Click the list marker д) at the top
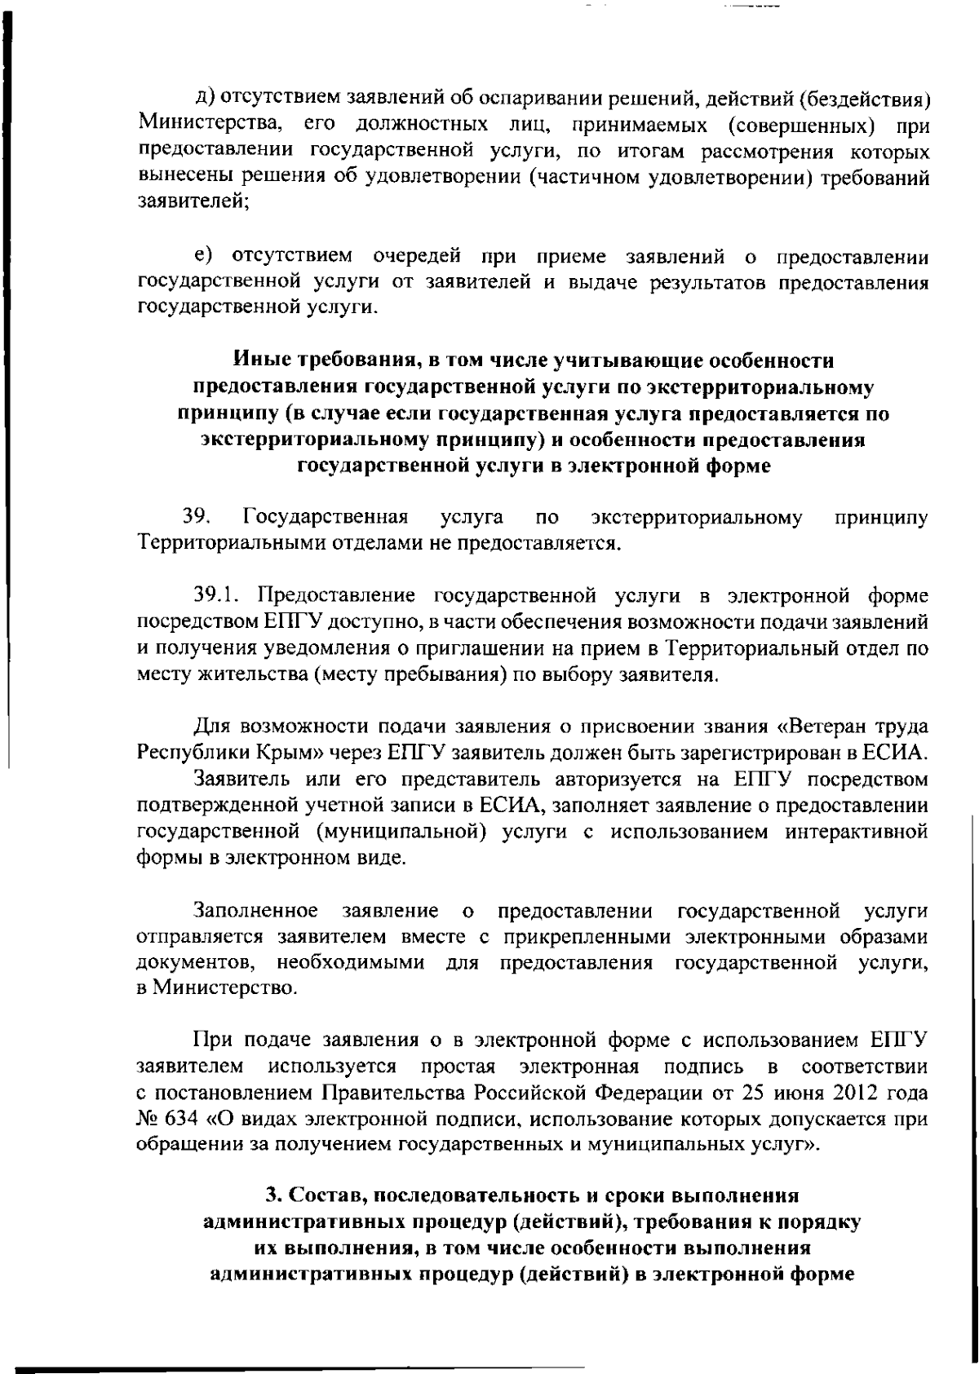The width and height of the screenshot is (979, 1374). [205, 101]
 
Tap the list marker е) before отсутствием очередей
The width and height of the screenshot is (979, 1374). [204, 258]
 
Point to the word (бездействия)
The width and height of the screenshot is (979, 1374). [865, 101]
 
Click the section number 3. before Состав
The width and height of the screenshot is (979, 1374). [273, 1197]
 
